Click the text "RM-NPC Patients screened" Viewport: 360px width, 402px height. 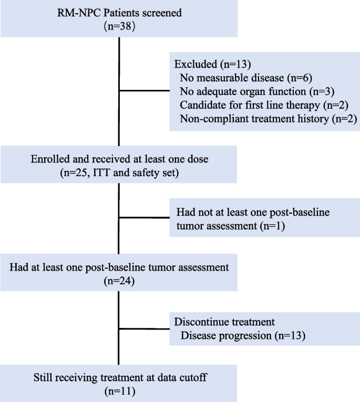click(x=119, y=12)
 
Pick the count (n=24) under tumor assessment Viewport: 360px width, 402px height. click(x=119, y=282)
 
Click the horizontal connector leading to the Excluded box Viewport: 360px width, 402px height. click(x=145, y=91)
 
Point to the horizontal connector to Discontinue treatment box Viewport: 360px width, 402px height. click(x=145, y=329)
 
